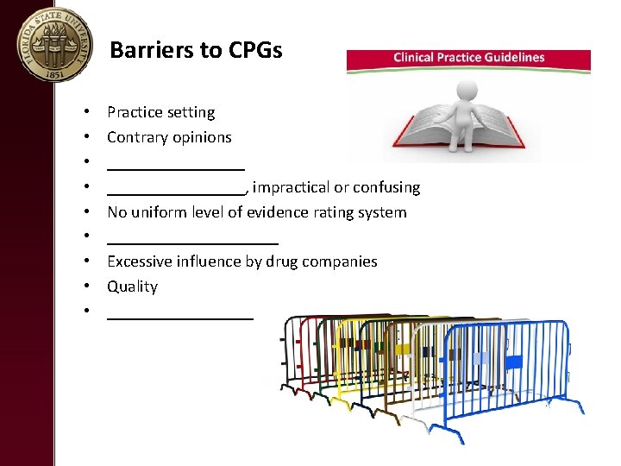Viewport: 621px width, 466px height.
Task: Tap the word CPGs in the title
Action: click(257, 50)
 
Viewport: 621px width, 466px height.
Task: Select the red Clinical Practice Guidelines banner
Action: click(468, 58)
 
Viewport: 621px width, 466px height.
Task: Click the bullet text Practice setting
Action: click(160, 112)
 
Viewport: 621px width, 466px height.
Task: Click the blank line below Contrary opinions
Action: click(176, 166)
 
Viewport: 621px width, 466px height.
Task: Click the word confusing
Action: click(387, 187)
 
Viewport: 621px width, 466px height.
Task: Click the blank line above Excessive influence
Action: click(192, 241)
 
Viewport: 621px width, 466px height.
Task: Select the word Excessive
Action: click(141, 261)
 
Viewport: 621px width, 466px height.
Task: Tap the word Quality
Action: click(132, 287)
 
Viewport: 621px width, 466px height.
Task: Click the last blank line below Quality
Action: click(180, 316)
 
